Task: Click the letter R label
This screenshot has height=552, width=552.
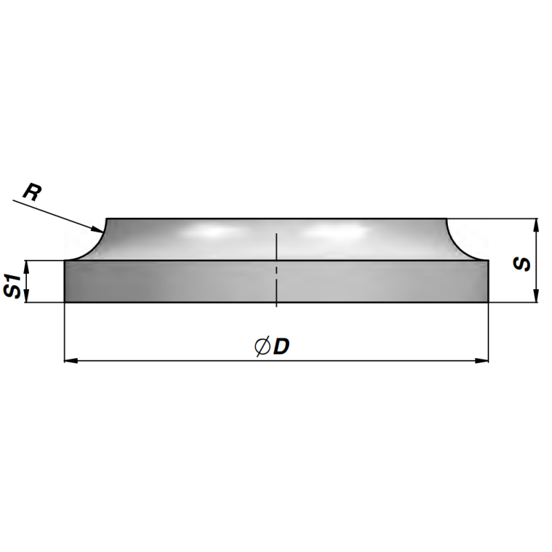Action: point(32,193)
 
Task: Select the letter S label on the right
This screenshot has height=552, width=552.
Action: point(522,264)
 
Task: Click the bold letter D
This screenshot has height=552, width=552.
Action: point(282,347)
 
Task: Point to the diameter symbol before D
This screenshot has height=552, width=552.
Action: point(262,347)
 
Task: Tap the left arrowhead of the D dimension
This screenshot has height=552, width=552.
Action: point(71,360)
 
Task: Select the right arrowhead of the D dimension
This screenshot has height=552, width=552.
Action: point(482,360)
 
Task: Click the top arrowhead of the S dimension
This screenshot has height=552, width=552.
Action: point(536,226)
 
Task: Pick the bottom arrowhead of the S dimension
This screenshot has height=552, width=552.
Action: point(536,295)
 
